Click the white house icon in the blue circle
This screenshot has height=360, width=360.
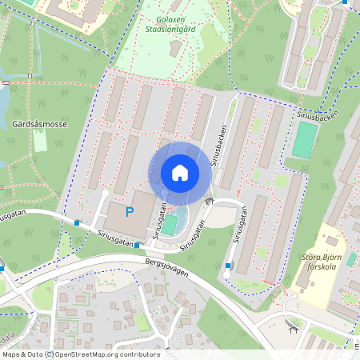(x=179, y=173)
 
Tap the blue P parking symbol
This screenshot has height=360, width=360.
(x=130, y=213)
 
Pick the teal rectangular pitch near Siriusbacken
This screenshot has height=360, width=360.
(x=304, y=140)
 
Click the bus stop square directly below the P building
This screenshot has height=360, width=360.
(x=137, y=245)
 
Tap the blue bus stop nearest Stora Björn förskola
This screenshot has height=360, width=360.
(x=228, y=266)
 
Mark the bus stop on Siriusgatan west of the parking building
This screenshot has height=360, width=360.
(x=77, y=222)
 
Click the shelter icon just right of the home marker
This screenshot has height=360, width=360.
(x=210, y=202)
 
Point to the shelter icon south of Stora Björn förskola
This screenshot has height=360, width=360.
(x=292, y=326)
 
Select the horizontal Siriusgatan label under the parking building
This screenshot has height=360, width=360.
(x=112, y=238)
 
